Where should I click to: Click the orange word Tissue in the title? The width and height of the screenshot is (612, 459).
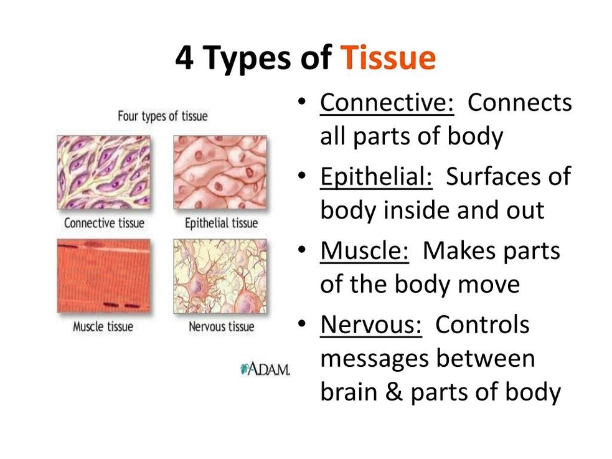[388, 58]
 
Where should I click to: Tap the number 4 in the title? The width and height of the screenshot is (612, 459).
[184, 58]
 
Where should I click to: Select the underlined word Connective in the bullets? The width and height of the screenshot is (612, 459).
[387, 103]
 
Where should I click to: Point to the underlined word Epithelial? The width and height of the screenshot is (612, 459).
[376, 177]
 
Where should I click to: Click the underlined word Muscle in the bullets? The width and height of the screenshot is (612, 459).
[365, 250]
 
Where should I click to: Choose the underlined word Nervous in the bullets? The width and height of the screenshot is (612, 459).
[371, 324]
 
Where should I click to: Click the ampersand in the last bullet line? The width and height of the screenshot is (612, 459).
[394, 392]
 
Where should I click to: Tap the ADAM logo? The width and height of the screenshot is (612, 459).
[265, 369]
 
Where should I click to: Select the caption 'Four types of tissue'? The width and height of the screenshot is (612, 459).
[162, 116]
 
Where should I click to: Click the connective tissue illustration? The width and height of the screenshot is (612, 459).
[103, 172]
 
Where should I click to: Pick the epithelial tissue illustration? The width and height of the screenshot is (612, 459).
[220, 172]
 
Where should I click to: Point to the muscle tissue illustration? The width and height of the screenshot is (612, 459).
[103, 276]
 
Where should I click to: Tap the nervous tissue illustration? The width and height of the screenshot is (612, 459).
[220, 276]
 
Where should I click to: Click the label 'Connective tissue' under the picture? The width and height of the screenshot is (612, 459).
[104, 223]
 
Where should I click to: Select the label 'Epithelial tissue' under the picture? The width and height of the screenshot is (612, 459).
[221, 223]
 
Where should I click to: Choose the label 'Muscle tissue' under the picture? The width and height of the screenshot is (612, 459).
[103, 326]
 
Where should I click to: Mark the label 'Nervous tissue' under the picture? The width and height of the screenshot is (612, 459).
[221, 326]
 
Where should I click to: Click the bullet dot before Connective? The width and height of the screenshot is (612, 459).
[301, 102]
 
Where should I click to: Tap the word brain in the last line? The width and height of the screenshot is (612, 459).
[349, 392]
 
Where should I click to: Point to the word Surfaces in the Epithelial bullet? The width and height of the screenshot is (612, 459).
[493, 177]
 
